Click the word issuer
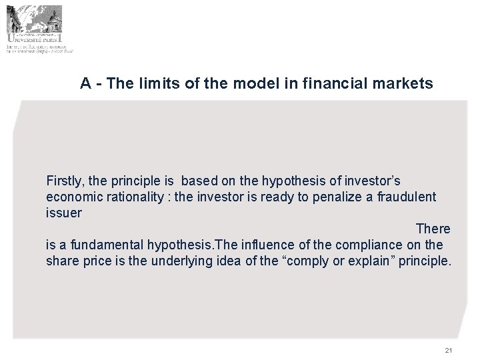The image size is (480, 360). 63,213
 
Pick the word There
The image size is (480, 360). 433,229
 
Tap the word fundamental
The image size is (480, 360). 97,245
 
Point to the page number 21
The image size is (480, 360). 448,351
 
